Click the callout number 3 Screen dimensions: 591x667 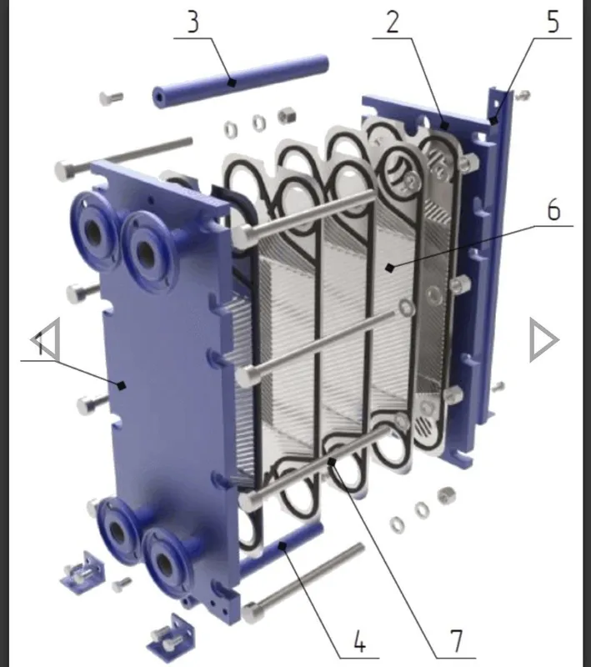[193, 23]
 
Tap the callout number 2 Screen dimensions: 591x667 [393, 23]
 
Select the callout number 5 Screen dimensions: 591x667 [553, 23]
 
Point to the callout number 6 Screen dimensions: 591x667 [553, 210]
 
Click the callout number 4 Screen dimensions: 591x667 [360, 641]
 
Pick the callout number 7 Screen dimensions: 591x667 [456, 641]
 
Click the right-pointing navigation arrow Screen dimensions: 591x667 [543, 340]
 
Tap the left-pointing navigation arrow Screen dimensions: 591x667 [46, 339]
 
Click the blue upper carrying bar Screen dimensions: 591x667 [240, 81]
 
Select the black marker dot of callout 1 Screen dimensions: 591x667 [122, 386]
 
